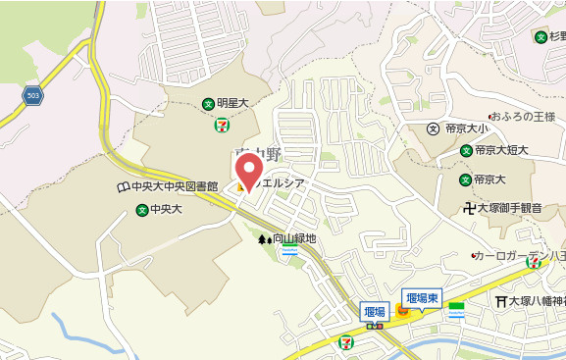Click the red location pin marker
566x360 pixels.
[249, 172]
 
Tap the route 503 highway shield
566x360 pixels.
[33, 95]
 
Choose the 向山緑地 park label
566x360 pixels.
[294, 237]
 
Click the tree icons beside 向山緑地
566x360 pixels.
[263, 237]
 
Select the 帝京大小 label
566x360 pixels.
[466, 129]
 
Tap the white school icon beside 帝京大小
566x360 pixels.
[432, 129]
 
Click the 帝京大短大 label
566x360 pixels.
[501, 150]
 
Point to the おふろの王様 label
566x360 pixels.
[516, 115]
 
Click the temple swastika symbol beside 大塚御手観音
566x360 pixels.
[470, 207]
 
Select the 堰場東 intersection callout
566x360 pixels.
[423, 297]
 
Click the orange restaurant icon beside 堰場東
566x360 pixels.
[401, 312]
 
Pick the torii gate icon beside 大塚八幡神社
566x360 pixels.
[501, 301]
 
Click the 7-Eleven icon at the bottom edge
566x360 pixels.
[345, 341]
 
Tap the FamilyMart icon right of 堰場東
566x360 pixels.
[455, 309]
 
